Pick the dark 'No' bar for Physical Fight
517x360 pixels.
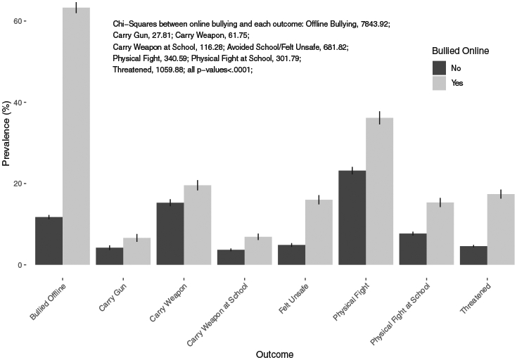352,218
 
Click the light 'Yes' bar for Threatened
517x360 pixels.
502,229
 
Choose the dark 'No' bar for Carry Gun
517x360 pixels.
110,256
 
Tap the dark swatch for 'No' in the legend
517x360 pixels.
439,67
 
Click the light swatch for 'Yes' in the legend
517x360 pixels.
439,83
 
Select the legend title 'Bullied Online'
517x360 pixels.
460,51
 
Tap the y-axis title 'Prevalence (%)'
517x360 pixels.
6,144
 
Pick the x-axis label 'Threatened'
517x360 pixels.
478,295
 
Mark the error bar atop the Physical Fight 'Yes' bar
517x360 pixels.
380,117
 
